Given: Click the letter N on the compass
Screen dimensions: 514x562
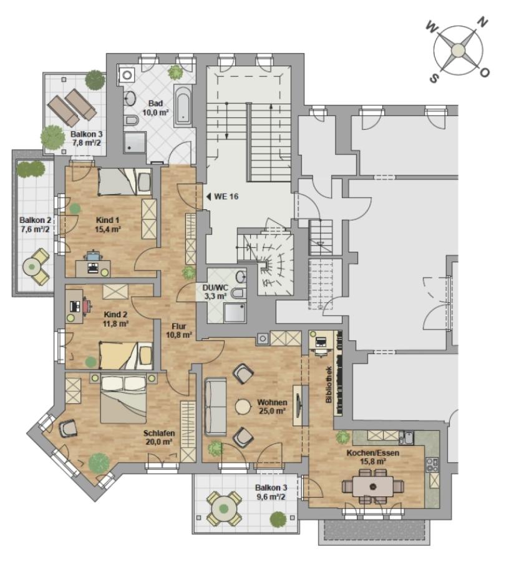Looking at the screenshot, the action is tap(483, 22).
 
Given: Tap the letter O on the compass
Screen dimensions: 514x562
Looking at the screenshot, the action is tap(484, 73).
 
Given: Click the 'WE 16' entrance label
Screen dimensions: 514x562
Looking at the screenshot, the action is tap(226, 197).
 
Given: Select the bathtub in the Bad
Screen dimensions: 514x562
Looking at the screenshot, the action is tap(183, 106).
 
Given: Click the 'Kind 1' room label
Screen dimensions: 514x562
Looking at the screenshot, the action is tap(108, 220).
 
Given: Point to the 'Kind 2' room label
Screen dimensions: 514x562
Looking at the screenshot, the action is tap(115, 315).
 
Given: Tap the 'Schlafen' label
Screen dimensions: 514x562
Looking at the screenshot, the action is tap(159, 433).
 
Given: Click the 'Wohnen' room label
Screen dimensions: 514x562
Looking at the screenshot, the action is tap(272, 403).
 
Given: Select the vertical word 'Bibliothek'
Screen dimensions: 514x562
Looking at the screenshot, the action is tap(329, 384).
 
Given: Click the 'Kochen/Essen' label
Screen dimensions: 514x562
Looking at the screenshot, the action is tap(372, 453).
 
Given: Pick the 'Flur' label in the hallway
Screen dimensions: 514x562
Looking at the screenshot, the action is tap(178, 327).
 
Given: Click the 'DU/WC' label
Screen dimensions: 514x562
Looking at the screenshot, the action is tap(215, 288).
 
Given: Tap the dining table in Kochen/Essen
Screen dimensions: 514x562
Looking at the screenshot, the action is tap(372, 486).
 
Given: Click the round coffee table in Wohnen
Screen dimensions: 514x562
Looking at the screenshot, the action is tap(243, 407).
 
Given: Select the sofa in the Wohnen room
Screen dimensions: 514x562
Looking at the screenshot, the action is tap(215, 407).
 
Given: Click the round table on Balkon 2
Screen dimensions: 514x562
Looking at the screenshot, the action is tap(32, 266).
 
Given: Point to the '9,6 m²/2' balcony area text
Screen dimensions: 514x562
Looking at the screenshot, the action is tap(271, 497).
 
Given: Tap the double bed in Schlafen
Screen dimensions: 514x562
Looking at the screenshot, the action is tap(124, 398).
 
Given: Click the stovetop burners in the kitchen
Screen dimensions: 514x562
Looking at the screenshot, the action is tap(432, 465).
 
